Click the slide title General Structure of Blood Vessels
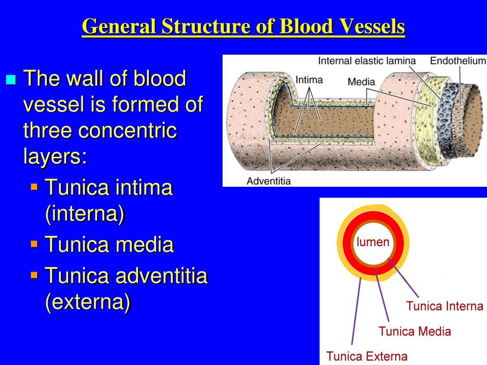pyautogui.click(x=243, y=27)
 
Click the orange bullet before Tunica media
pyautogui.click(x=34, y=244)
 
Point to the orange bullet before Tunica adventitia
pyautogui.click(x=34, y=275)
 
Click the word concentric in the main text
pyautogui.click(x=127, y=131)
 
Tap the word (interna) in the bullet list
pyautogui.click(x=85, y=214)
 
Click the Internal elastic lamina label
pyautogui.click(x=367, y=61)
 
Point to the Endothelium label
pyautogui.click(x=458, y=61)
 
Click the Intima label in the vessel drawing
pyautogui.click(x=309, y=79)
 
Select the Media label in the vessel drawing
pyautogui.click(x=361, y=82)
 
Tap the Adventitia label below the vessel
pyautogui.click(x=269, y=181)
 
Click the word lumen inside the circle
pyautogui.click(x=373, y=242)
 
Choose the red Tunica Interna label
pyautogui.click(x=445, y=306)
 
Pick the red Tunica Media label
pyautogui.click(x=415, y=331)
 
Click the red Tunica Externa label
pyautogui.click(x=367, y=356)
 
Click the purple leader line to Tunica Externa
pyautogui.click(x=356, y=309)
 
